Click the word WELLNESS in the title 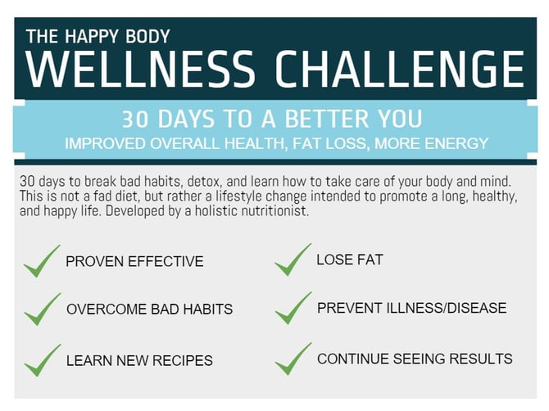click(140, 69)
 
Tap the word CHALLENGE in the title click(400, 69)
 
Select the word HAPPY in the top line click(92, 36)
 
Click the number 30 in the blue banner click(135, 119)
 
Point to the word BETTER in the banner click(326, 119)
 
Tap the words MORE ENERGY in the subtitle click(431, 144)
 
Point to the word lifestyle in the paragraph click(238, 196)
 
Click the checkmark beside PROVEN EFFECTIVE click(42, 261)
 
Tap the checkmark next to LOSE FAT click(293, 260)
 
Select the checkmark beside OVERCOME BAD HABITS click(43, 309)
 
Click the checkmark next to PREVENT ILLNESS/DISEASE click(293, 308)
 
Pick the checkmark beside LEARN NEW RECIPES click(43, 360)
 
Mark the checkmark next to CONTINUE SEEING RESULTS click(293, 359)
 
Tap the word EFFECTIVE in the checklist click(166, 262)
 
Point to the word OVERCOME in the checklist click(107, 309)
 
